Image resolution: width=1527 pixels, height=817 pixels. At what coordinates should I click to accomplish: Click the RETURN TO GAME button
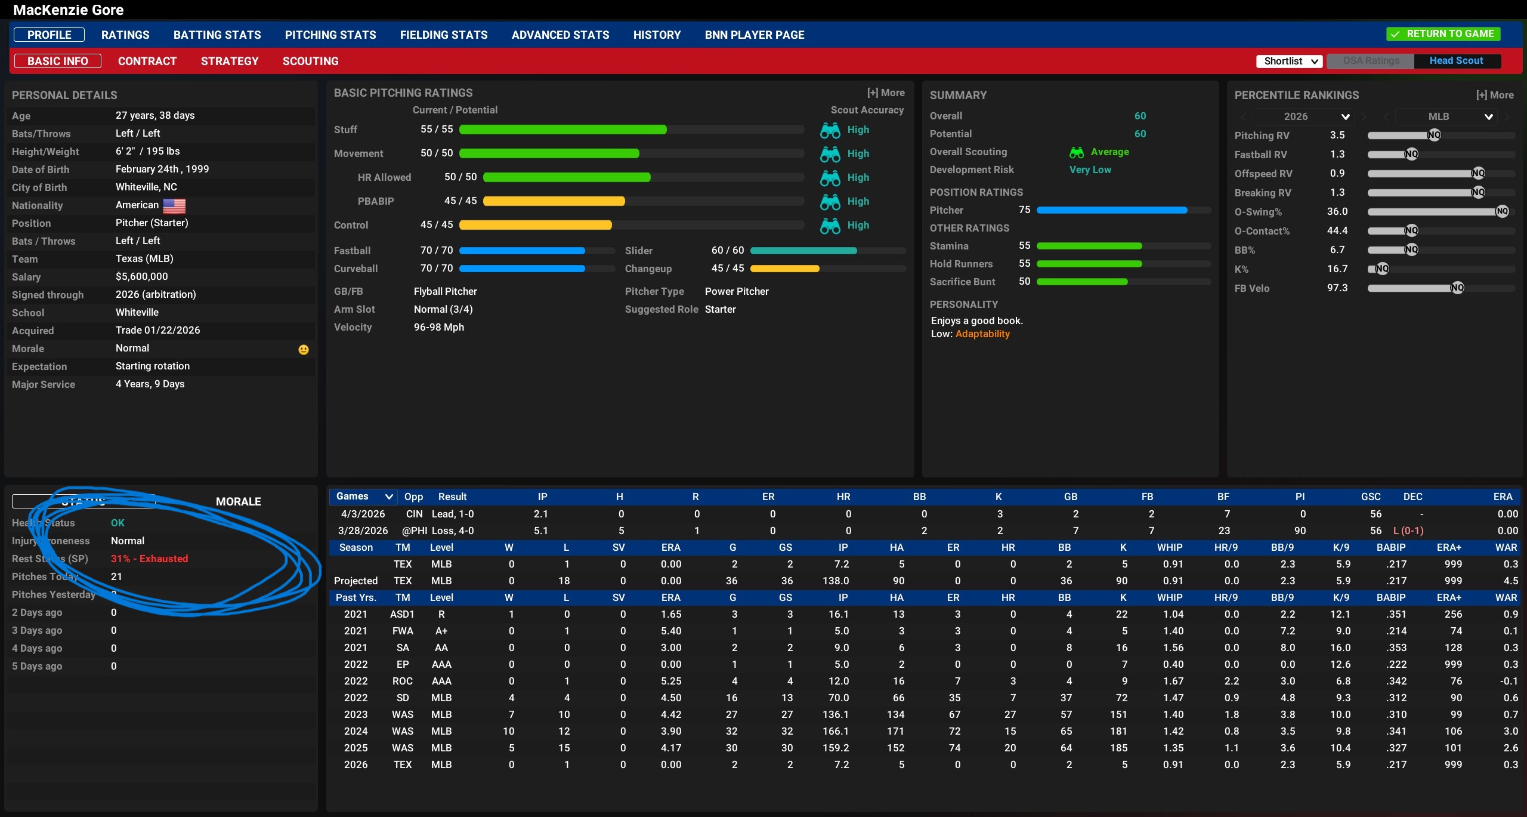1443,34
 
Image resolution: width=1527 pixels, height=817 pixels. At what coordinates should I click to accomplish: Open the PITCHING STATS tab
330,35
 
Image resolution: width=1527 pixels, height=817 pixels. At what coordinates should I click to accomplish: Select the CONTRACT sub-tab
147,61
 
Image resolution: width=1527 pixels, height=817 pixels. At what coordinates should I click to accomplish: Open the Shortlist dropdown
1289,61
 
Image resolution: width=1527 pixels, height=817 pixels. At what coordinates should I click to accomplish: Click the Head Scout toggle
1456,61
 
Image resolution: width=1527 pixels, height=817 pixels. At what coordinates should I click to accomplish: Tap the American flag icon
174,206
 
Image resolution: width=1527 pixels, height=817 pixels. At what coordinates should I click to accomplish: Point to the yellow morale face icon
304,350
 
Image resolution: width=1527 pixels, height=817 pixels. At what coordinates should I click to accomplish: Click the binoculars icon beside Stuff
830,130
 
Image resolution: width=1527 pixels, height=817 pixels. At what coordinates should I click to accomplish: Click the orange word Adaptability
982,334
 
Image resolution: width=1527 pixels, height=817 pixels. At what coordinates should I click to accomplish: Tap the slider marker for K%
1382,269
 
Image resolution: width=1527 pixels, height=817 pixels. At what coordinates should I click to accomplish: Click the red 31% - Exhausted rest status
149,559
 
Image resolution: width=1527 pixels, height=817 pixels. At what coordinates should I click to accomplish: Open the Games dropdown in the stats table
363,497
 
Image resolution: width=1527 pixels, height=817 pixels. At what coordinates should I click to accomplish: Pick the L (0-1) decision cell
1408,531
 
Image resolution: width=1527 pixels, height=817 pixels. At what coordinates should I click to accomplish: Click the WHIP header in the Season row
1170,547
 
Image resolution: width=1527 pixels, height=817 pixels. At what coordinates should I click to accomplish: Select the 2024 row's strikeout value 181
1119,731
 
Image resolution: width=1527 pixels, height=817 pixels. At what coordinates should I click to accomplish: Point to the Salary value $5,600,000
142,277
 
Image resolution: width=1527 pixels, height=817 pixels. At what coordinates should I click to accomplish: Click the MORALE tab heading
238,502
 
